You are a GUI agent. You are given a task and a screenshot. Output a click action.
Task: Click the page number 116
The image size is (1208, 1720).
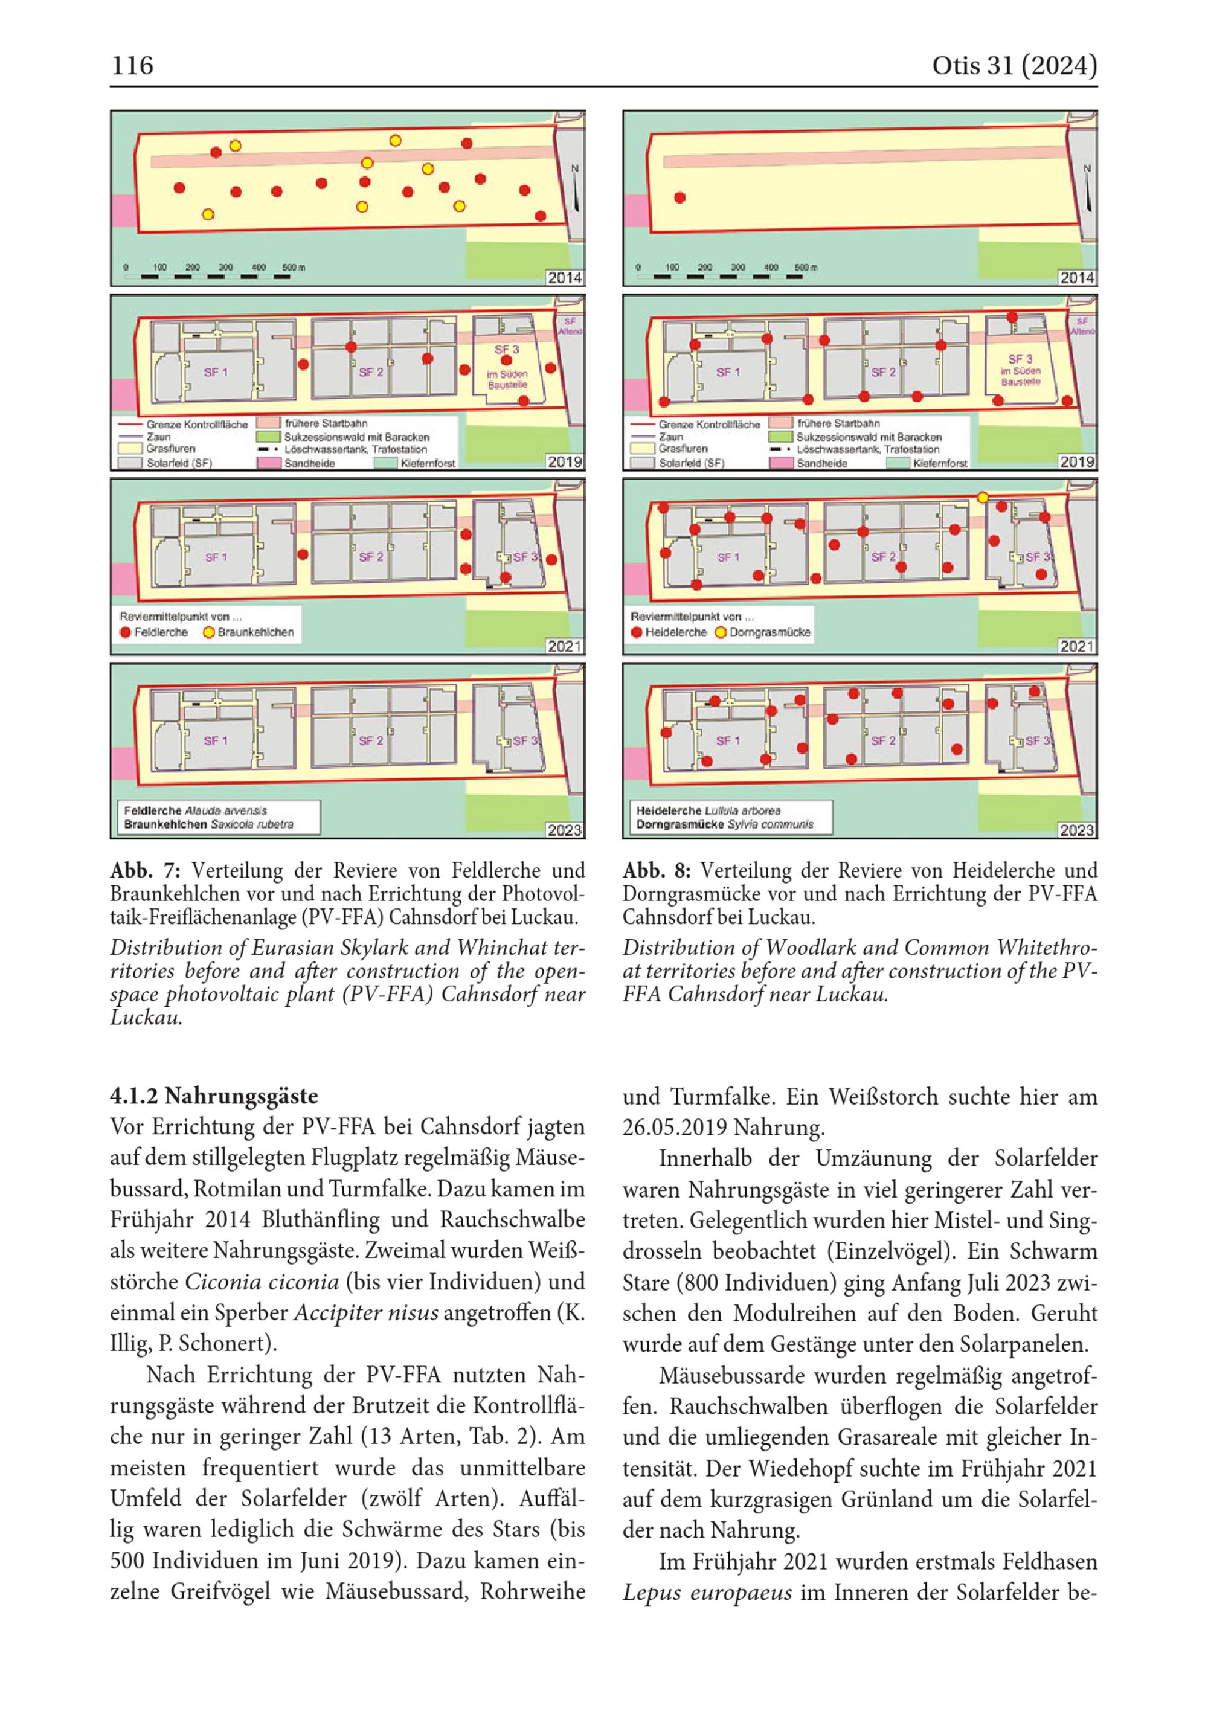coord(132,66)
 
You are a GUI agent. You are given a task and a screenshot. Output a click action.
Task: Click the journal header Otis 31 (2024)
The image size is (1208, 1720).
coord(1014,66)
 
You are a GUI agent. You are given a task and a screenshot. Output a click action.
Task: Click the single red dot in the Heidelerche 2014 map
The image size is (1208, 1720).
coord(679,197)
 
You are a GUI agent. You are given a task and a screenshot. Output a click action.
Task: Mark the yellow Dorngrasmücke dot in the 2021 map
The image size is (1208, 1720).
coord(983,498)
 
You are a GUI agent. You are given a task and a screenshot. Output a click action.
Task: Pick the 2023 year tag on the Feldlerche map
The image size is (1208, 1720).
coord(564,830)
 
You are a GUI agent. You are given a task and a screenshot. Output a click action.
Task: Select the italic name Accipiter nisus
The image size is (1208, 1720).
coord(365,1312)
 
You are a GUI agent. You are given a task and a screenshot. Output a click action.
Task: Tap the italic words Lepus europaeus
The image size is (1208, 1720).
coord(707,1592)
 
